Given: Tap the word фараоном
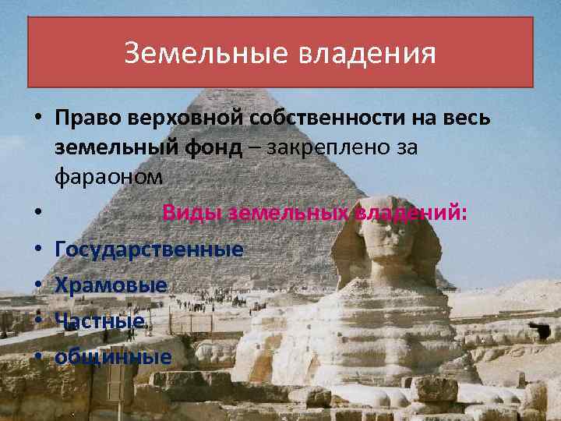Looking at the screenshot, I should (109, 177).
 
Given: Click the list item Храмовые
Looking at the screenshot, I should (111, 285).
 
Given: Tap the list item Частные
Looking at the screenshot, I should (101, 321).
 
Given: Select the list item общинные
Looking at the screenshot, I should (113, 357).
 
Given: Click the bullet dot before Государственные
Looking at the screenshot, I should (37, 250).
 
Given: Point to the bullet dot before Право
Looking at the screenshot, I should (37, 119).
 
